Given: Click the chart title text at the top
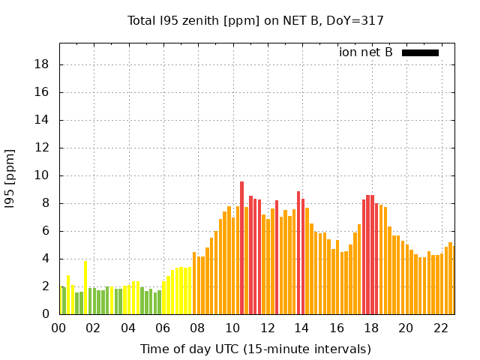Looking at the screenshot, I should click(x=256, y=20).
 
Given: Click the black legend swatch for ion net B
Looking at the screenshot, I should click(x=420, y=52).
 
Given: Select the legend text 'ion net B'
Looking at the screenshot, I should click(x=366, y=52).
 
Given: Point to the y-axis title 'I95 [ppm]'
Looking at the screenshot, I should click(x=10, y=178).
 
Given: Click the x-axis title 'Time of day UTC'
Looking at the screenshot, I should click(x=256, y=349).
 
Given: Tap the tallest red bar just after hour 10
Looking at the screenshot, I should click(x=241, y=247).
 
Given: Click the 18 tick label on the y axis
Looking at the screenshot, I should click(x=42, y=64).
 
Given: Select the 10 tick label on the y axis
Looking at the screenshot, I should click(x=42, y=175).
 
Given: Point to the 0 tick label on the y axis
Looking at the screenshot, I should click(x=46, y=314).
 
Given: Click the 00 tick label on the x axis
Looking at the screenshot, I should click(x=59, y=328).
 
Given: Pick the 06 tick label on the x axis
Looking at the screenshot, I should click(x=163, y=328).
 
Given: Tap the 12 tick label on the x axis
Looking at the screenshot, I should click(x=267, y=328).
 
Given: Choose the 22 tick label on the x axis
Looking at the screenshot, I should click(x=440, y=328).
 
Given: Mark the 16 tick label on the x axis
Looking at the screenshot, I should click(x=336, y=328).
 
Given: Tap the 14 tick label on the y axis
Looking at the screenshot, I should click(x=42, y=120).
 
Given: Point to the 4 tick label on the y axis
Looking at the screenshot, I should click(x=46, y=259).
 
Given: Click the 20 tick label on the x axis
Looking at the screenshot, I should click(x=406, y=328).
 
